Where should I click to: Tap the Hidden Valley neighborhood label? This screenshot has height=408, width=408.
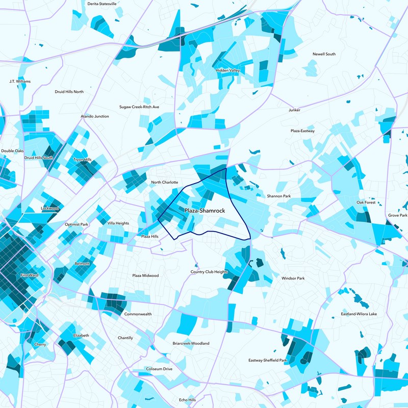point(227,70)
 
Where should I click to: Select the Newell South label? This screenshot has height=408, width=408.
point(324,54)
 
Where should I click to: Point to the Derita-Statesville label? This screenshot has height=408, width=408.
point(102,4)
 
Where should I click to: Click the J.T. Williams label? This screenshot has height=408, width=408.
point(20,81)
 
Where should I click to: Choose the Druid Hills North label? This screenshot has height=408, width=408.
point(69,92)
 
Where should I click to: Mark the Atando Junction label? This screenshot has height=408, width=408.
point(95,116)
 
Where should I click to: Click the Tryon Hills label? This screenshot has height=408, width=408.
point(82,160)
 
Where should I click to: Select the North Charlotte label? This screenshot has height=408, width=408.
point(164,182)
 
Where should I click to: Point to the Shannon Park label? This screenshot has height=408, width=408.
point(278,196)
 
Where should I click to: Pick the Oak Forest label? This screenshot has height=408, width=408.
point(366,202)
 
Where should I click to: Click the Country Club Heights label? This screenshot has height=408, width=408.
point(209,272)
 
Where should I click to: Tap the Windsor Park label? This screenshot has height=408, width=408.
point(293,278)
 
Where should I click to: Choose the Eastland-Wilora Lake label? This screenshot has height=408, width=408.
point(359,314)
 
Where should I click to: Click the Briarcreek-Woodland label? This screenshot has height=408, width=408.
point(191,343)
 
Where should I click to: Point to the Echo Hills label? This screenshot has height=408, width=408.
point(187,400)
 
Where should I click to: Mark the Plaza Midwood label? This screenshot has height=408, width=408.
point(145,275)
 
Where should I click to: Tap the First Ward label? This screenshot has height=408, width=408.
point(29,275)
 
